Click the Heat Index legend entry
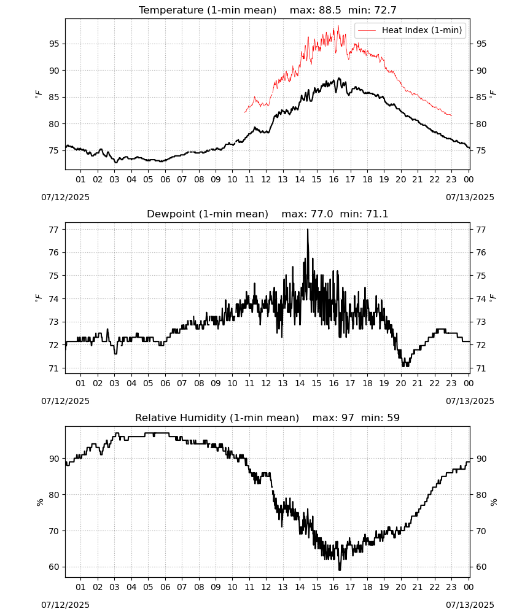tap(410, 30)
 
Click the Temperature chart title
tap(268, 10)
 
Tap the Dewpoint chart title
tap(268, 214)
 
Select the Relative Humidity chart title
tap(268, 418)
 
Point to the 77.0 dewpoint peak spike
tap(308, 230)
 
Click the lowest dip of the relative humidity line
tap(340, 569)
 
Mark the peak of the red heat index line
tap(338, 26)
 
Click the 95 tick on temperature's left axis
tap(54, 44)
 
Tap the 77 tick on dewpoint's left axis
tap(54, 230)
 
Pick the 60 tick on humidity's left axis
tap(54, 567)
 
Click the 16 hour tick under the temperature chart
tap(333, 179)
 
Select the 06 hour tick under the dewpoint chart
tap(165, 383)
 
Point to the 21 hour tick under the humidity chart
tap(418, 587)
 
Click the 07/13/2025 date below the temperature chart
tap(470, 197)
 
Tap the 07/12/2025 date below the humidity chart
tap(65, 605)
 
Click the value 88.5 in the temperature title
tap(330, 10)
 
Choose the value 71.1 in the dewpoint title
tap(377, 214)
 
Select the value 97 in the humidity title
tap(348, 418)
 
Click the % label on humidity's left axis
tap(39, 502)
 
